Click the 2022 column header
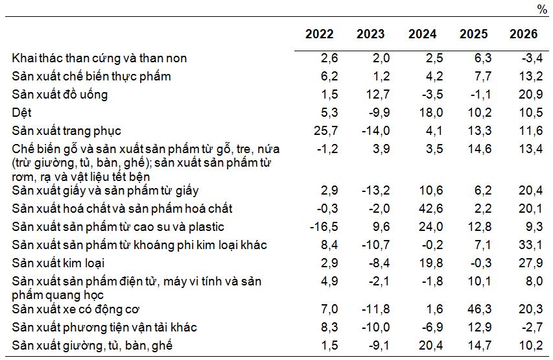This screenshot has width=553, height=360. click(319, 34)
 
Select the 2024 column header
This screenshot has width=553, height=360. click(422, 34)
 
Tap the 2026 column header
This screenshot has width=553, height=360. click(523, 34)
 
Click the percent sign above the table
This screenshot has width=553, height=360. click(542, 9)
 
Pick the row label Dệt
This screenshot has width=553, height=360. click(22, 113)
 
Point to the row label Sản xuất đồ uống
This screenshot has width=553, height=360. click(60, 95)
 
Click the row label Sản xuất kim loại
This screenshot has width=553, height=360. click(58, 263)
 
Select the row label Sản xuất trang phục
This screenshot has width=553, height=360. click(67, 131)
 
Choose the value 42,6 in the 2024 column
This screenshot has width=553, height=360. click(424, 209)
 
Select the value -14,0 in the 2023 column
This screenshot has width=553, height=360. click(375, 131)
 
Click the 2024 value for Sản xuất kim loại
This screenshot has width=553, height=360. click(424, 263)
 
